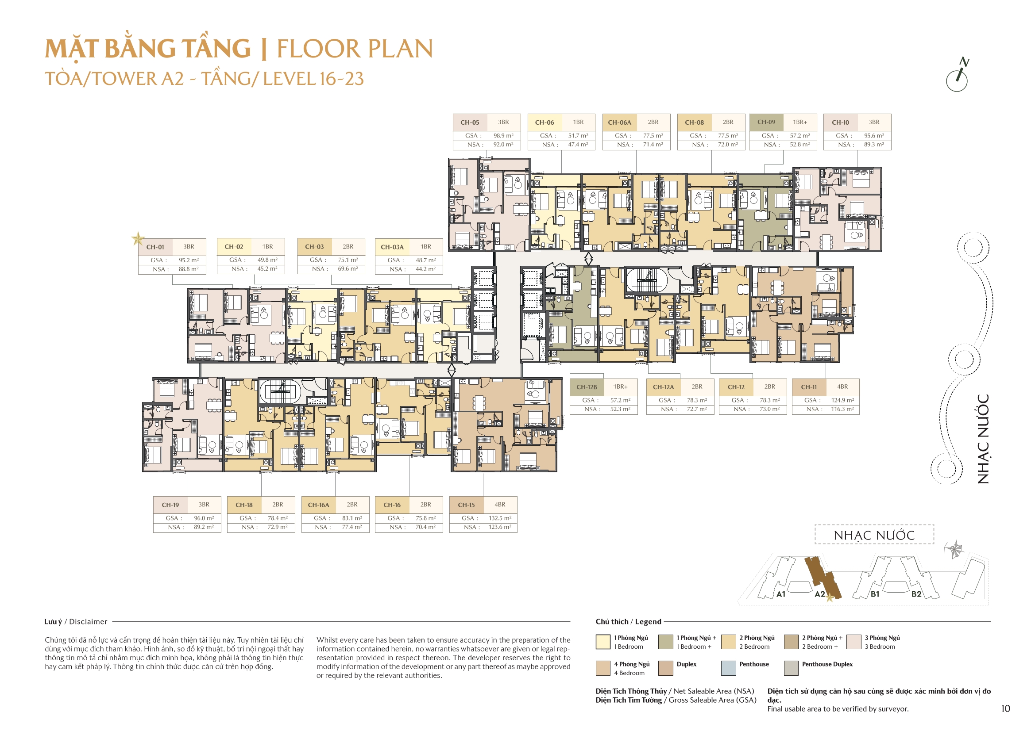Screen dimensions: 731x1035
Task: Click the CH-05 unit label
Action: point(469,122)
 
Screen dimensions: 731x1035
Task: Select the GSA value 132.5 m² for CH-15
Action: point(499,518)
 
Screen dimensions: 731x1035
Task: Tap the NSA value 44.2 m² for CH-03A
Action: point(425,269)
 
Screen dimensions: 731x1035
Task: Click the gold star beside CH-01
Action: point(138,238)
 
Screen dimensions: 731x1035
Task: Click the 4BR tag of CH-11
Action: point(842,387)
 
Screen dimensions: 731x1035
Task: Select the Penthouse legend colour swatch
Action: point(728,668)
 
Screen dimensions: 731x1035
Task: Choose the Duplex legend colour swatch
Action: point(665,668)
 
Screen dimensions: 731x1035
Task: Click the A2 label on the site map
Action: point(819,594)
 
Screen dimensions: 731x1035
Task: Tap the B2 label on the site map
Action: point(916,594)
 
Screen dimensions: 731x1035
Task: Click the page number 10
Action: point(1005,708)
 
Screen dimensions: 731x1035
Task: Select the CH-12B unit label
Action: point(587,387)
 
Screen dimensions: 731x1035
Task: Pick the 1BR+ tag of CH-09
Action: point(799,122)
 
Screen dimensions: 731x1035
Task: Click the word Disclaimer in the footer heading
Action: point(88,622)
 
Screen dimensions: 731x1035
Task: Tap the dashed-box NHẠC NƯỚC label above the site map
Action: point(873,535)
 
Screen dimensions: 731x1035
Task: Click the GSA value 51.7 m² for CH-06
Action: point(577,136)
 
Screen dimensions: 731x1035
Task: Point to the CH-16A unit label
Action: point(318,505)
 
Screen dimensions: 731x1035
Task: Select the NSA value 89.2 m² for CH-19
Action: point(204,527)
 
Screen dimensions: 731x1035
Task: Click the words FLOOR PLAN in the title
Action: point(354,49)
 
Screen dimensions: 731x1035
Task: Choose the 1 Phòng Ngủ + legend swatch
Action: point(665,642)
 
